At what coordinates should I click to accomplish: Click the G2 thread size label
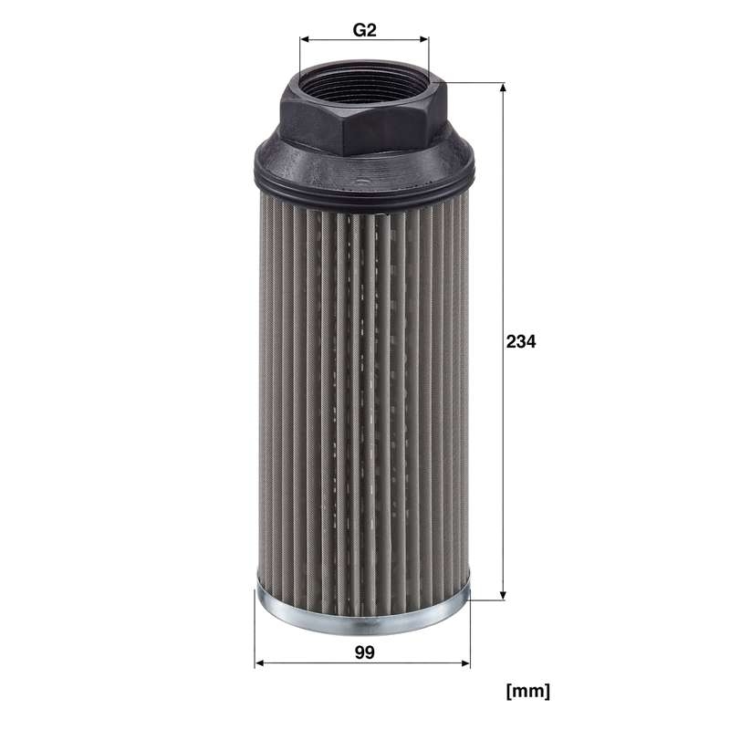coord(364,30)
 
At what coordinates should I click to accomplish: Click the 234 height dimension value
coord(521,341)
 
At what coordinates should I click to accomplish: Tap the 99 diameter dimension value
coord(364,652)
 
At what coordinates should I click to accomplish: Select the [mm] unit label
coord(528,691)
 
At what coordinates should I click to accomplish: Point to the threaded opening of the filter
coord(363,83)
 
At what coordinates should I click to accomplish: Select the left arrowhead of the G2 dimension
coord(305,39)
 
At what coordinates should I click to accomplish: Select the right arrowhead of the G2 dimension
coord(423,39)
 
